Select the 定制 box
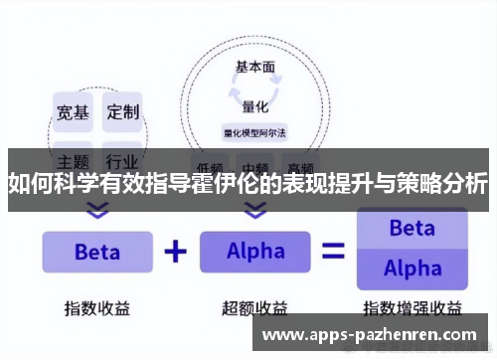[x=123, y=111]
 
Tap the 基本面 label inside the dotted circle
[x=254, y=69]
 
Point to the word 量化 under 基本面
[x=254, y=106]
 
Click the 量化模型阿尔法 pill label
[x=254, y=131]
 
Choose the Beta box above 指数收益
[x=96, y=252]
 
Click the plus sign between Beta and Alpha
[x=176, y=251]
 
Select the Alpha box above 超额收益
[x=255, y=252]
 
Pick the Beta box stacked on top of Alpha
[x=411, y=228]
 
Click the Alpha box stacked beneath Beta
[x=411, y=269]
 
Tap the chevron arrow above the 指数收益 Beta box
[x=96, y=211]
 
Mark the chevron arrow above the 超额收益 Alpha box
[x=255, y=211]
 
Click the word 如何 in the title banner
[x=30, y=183]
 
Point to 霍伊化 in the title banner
[x=206, y=183]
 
